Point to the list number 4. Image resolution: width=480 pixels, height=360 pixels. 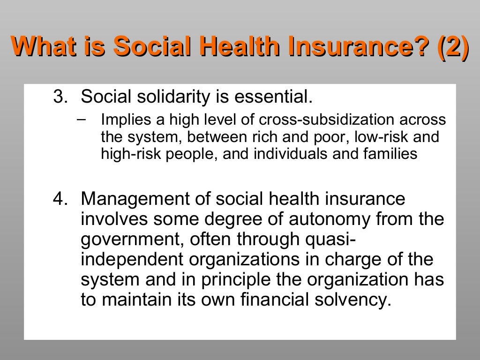pyautogui.click(x=60, y=199)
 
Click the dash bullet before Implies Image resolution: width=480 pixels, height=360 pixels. pyautogui.click(x=81, y=119)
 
